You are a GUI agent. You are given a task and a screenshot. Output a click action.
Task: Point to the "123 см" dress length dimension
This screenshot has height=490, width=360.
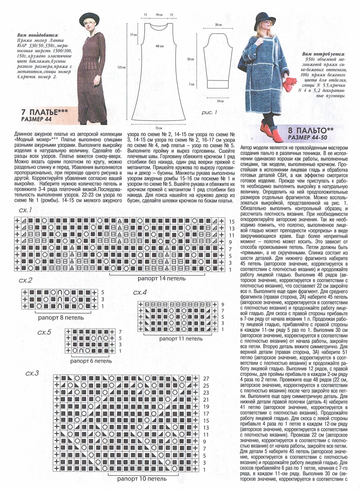click(x=122, y=67)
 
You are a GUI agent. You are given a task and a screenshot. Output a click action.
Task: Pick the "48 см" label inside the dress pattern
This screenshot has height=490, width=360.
click(x=159, y=46)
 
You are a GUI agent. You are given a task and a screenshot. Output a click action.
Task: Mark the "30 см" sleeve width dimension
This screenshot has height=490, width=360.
click(x=218, y=24)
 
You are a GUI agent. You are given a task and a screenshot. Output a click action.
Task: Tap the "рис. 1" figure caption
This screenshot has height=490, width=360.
click(x=209, y=113)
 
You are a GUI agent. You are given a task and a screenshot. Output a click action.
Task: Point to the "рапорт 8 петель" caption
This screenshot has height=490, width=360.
click(x=59, y=317)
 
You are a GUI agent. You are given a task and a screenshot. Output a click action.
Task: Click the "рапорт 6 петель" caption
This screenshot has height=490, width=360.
click(x=91, y=361)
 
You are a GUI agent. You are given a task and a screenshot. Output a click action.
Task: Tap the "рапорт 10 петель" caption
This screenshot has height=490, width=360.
click(x=142, y=479)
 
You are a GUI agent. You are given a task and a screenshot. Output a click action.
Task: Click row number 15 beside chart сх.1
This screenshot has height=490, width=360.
click(x=232, y=221)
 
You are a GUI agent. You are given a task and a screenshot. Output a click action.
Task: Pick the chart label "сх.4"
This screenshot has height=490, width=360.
click(x=140, y=293)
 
